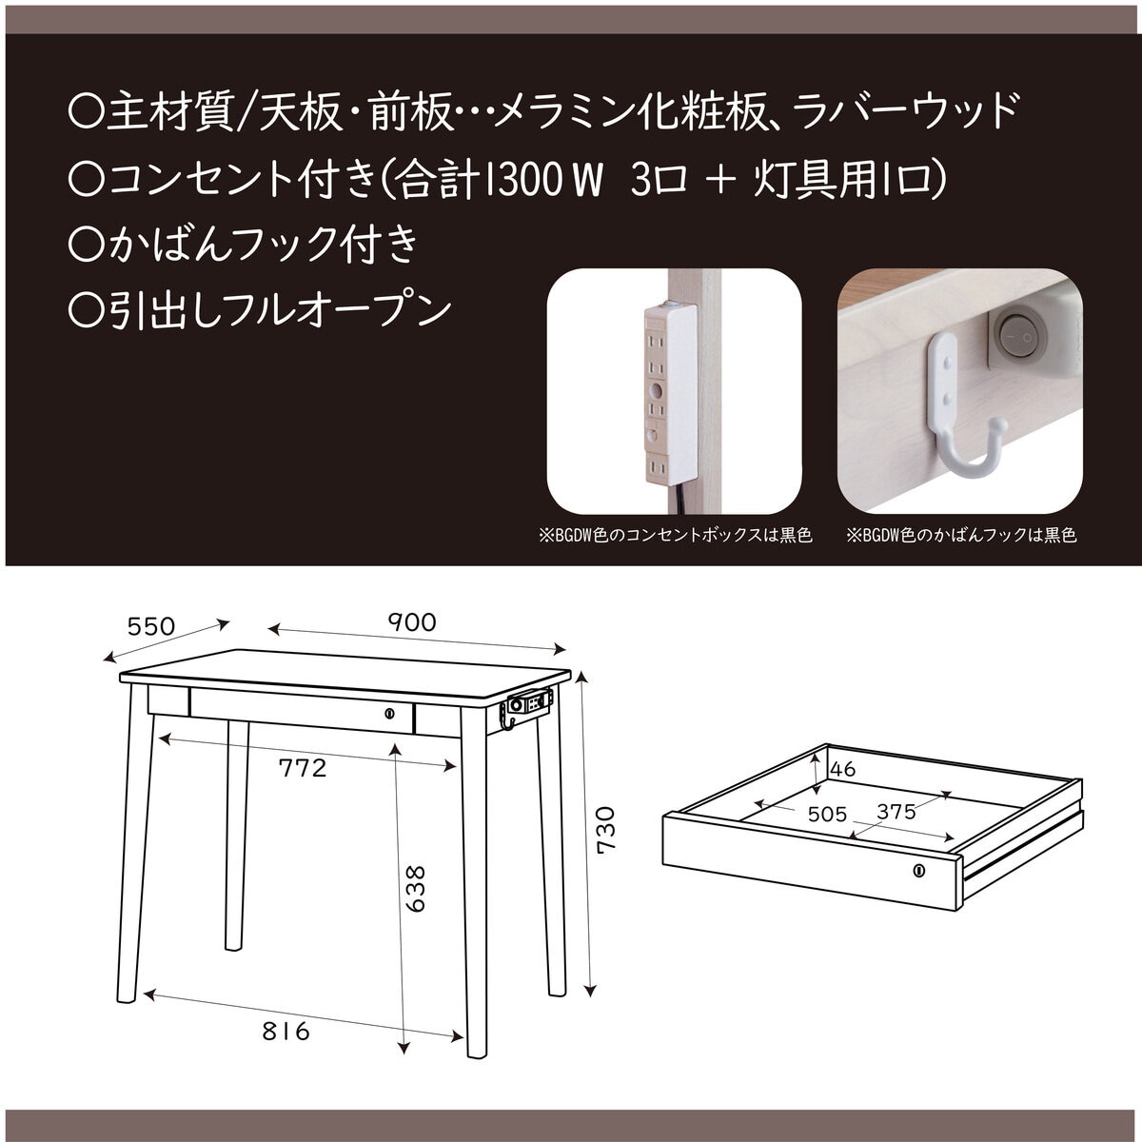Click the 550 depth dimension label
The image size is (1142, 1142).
pyautogui.click(x=151, y=626)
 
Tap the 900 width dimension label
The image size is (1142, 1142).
pyautogui.click(x=411, y=622)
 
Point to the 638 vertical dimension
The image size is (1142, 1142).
pyautogui.click(x=416, y=888)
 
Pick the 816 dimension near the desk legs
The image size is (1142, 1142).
pyautogui.click(x=285, y=1031)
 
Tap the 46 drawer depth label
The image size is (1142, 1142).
pyautogui.click(x=843, y=769)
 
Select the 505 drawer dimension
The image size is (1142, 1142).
pyautogui.click(x=827, y=814)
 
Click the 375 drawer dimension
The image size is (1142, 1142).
pyautogui.click(x=896, y=812)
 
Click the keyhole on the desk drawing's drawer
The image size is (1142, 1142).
pyautogui.click(x=388, y=713)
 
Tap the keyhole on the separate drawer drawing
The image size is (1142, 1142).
pyautogui.click(x=919, y=870)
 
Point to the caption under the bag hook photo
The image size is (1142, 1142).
pyautogui.click(x=960, y=536)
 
